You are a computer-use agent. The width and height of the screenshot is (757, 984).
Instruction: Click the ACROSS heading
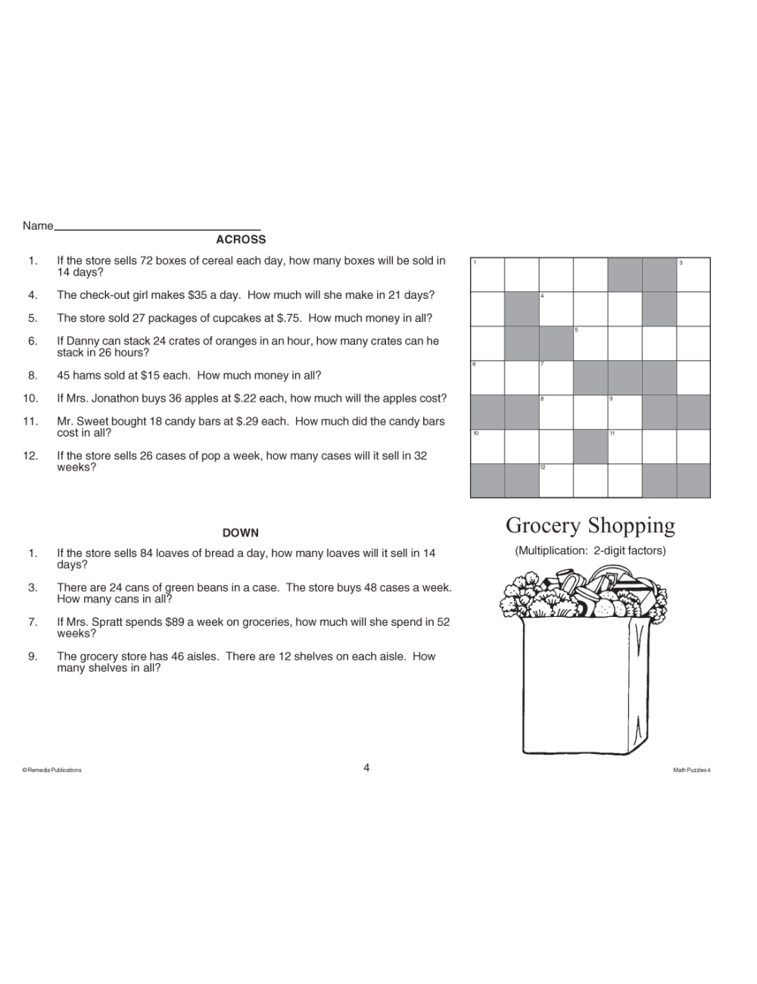coord(241,240)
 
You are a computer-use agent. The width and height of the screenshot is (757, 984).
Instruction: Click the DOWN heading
coord(241,533)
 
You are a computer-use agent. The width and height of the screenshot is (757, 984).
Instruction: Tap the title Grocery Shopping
coord(590,525)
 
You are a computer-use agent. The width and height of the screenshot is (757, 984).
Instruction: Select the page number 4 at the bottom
coord(366,768)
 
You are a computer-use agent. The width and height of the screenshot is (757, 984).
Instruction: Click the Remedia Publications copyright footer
coord(52,770)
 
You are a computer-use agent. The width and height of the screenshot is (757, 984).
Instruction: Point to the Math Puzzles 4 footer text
coord(691,770)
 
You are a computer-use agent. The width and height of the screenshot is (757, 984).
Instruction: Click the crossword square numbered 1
coord(488,275)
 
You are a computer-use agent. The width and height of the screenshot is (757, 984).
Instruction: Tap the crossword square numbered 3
coord(693,275)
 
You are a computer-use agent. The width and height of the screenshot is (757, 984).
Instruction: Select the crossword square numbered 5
coord(590,343)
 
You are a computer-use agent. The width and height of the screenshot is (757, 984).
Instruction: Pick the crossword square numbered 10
coord(488,446)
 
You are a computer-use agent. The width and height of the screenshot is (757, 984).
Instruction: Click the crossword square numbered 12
coord(556,480)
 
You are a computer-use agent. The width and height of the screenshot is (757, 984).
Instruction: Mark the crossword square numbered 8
coord(556,412)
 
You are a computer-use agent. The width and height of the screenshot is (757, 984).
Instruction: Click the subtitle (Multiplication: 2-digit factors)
coord(590,550)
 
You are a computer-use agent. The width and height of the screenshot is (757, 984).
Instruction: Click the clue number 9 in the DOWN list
coord(33,656)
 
